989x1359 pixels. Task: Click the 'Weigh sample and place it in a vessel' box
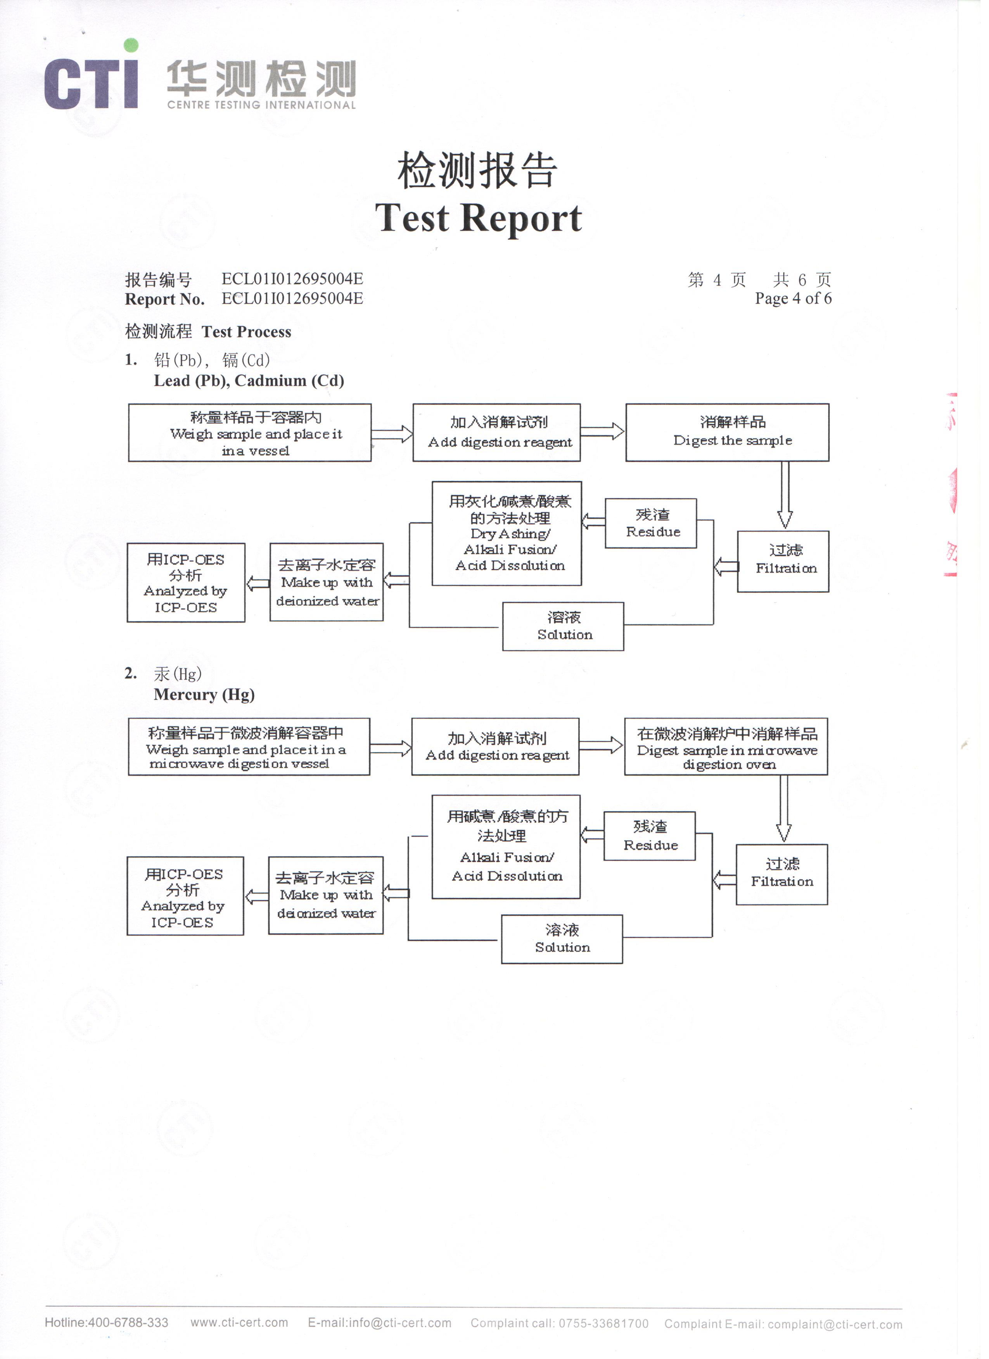252,436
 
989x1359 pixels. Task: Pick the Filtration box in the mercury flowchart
788,881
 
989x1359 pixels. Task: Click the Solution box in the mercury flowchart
566,946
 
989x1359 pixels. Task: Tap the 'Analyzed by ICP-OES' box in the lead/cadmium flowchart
187,587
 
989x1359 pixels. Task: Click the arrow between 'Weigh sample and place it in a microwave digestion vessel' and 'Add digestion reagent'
394,753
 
